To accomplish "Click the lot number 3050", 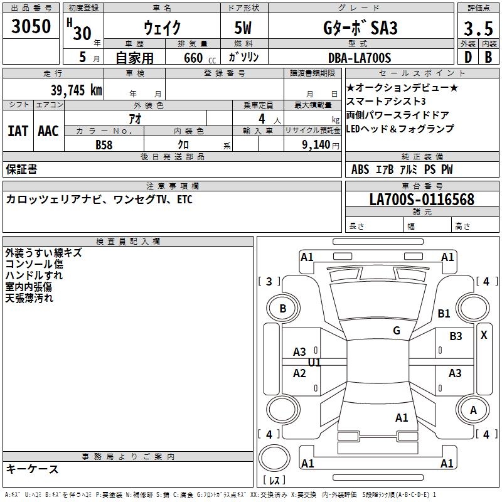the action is pyautogui.click(x=31, y=28).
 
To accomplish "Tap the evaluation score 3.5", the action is pyautogui.click(x=478, y=29).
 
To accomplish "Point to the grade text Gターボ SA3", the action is pyautogui.click(x=360, y=28).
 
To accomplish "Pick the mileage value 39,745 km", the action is pyautogui.click(x=76, y=90).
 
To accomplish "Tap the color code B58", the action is pyautogui.click(x=104, y=144).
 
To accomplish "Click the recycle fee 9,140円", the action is pyautogui.click(x=320, y=144).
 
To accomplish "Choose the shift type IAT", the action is pyautogui.click(x=18, y=131).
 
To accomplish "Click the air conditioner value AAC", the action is pyautogui.click(x=48, y=131).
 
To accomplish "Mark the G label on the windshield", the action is pyautogui.click(x=396, y=330).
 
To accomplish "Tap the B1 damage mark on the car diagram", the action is pyautogui.click(x=444, y=314).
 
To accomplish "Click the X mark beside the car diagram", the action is pyautogui.click(x=484, y=335).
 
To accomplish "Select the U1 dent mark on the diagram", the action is pyautogui.click(x=314, y=363).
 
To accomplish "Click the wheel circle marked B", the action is pyautogui.click(x=283, y=308).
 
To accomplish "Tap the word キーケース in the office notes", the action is pyautogui.click(x=33, y=469).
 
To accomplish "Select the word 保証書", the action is pyautogui.click(x=21, y=169).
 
